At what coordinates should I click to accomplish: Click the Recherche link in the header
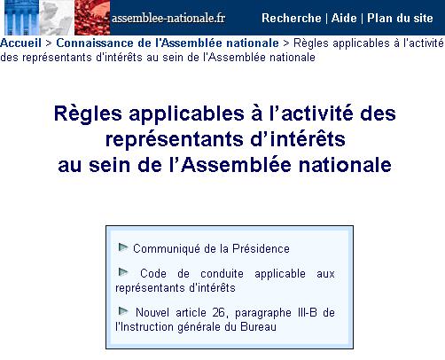click(x=292, y=18)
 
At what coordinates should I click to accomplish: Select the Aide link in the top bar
click(x=344, y=18)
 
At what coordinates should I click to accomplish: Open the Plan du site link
click(x=400, y=18)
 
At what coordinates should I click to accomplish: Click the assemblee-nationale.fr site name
click(x=168, y=19)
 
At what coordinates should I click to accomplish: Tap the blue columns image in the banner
click(x=21, y=18)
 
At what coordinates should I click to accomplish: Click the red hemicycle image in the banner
click(x=92, y=18)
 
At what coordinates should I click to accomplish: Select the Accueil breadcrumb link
click(x=20, y=43)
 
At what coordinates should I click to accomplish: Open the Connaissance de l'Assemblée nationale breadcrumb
click(x=168, y=43)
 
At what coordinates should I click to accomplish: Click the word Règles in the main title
click(x=88, y=114)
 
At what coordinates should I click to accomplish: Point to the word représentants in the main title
click(x=176, y=139)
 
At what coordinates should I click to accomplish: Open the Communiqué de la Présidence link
click(x=211, y=249)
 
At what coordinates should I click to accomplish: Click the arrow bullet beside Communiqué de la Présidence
click(x=123, y=247)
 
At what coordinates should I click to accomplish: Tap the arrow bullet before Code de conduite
click(x=123, y=272)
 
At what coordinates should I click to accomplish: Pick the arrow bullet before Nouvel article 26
click(x=123, y=311)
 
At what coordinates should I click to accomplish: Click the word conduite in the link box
click(x=222, y=274)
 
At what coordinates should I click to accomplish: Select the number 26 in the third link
click(x=219, y=313)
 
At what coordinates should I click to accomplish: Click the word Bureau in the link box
click(x=259, y=327)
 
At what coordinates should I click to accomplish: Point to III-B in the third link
click(x=308, y=313)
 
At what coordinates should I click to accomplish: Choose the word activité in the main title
click(x=317, y=113)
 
